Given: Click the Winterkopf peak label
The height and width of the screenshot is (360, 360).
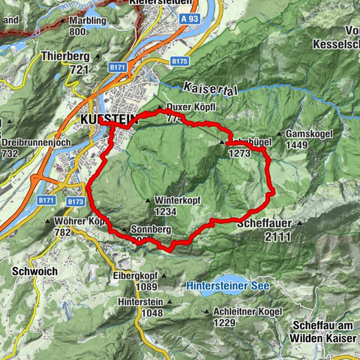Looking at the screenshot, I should click(177, 200).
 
